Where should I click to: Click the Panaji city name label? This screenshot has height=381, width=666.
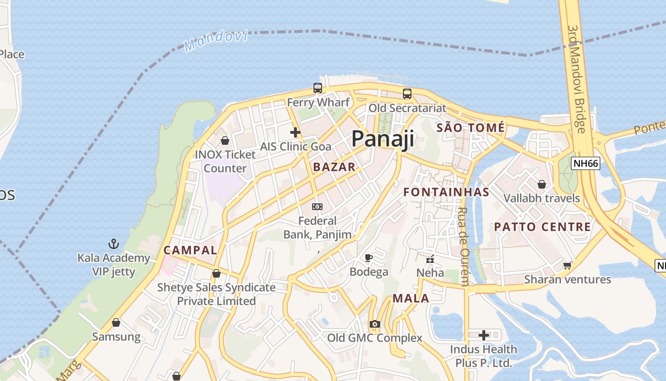[382, 139]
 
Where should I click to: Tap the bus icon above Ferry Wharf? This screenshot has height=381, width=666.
[317, 88]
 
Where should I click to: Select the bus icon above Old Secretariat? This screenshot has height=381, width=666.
[407, 94]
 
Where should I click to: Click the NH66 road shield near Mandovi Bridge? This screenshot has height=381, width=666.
[586, 163]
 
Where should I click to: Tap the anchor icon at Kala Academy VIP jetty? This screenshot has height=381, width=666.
[113, 244]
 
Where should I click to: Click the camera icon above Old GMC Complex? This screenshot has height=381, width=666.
[374, 324]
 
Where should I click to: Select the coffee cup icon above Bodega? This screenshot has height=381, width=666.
[368, 258]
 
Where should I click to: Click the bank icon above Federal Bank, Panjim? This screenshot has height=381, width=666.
[317, 207]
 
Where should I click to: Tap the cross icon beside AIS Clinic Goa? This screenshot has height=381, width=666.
[295, 132]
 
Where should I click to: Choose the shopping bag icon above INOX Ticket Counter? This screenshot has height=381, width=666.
[225, 140]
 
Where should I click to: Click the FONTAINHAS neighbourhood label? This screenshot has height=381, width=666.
[446, 192]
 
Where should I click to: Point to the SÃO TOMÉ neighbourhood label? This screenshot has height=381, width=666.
[470, 128]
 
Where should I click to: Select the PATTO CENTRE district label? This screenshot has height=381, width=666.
[542, 227]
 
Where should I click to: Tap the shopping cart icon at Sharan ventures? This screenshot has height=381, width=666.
[567, 265]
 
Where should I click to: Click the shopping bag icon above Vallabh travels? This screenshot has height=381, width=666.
[541, 184]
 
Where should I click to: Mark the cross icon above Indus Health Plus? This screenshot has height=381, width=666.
[484, 335]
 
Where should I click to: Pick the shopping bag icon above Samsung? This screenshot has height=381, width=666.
[116, 323]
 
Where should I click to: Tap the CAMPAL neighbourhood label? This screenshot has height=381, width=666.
[190, 250]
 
